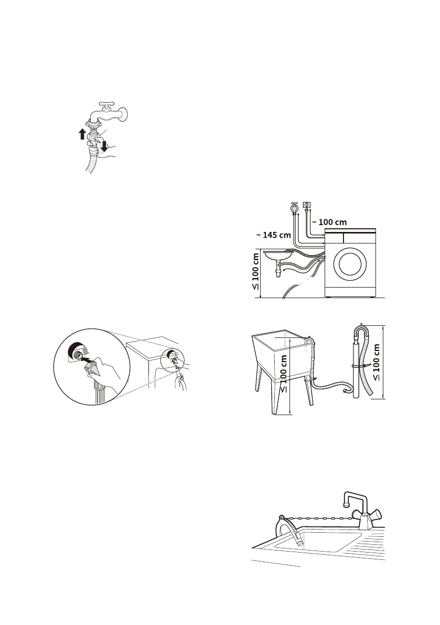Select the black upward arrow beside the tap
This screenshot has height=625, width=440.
(x=82, y=134)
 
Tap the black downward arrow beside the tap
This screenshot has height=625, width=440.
(x=104, y=145)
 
